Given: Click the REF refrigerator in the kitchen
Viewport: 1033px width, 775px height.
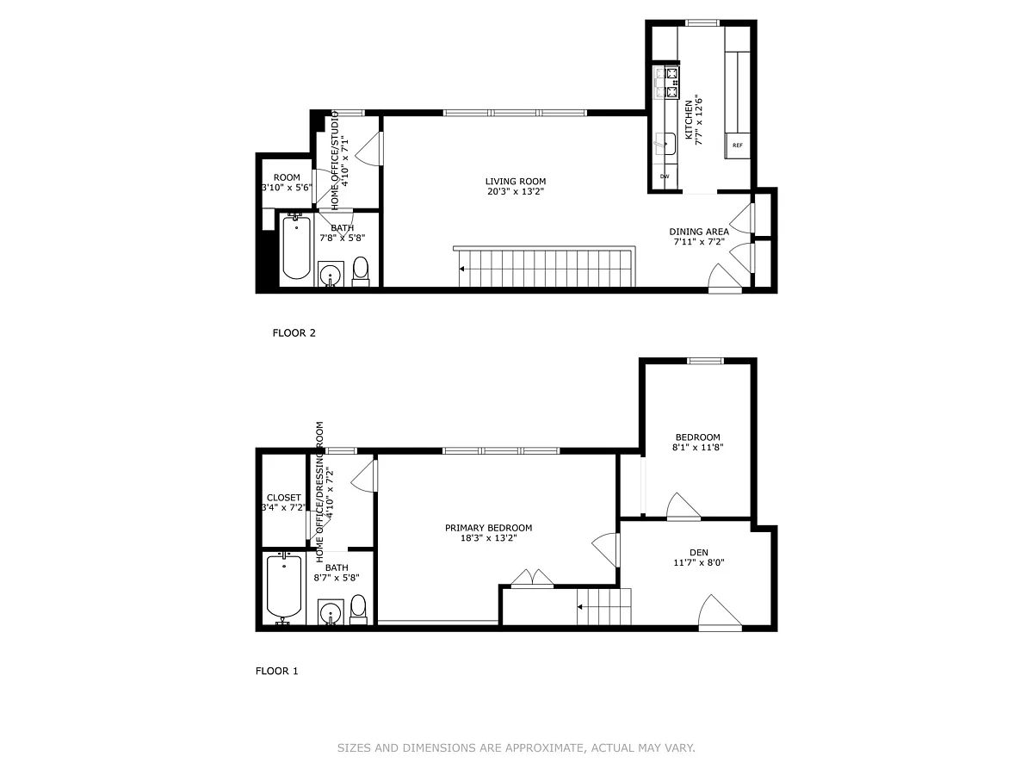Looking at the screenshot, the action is coord(737,146).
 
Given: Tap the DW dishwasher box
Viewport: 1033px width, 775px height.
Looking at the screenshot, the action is coord(665,177).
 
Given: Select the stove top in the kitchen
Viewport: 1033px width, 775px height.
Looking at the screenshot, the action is coord(666,83).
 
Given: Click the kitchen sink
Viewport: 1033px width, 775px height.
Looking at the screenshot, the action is coord(665,144).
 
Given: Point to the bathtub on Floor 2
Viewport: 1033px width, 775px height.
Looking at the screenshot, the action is coord(296,247).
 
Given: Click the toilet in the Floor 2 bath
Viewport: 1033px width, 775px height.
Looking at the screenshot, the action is coord(360,271).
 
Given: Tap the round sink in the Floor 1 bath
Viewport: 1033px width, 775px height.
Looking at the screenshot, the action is coord(331,613).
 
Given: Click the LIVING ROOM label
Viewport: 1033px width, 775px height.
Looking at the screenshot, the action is coord(516,181).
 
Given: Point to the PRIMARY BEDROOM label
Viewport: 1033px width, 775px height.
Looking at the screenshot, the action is coord(488,528).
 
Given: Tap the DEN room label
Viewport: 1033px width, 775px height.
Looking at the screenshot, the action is coord(698,552).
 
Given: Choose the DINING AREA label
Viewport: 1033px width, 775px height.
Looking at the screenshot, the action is coord(699,232).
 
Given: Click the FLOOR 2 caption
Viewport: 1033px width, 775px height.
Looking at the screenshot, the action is coord(294,332).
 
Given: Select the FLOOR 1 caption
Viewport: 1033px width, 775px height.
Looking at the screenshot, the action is coord(276,671).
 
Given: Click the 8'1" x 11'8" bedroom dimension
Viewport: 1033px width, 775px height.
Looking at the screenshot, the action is coord(697,447).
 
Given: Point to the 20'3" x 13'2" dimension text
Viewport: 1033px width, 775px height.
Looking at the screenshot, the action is coord(516,191).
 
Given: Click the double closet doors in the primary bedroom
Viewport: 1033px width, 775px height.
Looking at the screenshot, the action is coord(532,579).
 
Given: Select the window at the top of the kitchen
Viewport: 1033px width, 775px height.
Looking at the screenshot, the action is coord(702,22).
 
